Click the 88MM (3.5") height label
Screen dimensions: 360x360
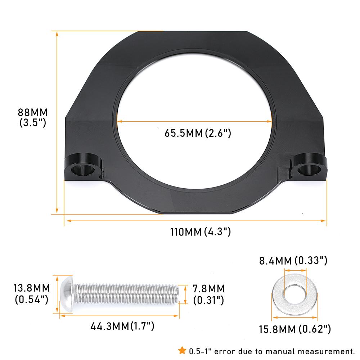pos(33,117)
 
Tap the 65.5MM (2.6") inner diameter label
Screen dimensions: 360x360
pos(198,133)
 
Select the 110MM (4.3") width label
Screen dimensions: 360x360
pos(200,231)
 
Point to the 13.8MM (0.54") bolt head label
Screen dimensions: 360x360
pos(32,294)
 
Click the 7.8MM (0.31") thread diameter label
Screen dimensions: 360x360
pos(208,294)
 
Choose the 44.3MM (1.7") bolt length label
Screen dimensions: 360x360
pos(122,326)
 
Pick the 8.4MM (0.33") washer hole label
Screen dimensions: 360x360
pos(293,261)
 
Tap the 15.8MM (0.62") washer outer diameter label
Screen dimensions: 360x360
pos(295,329)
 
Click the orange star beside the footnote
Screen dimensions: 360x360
pos(182,350)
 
